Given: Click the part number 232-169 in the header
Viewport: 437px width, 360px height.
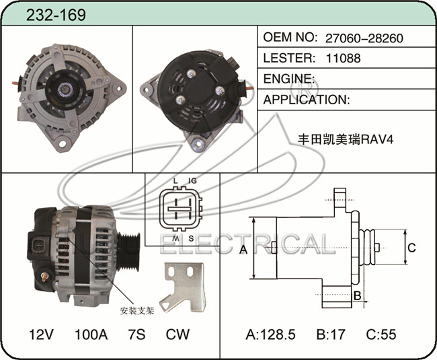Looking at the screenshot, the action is click(x=56, y=15).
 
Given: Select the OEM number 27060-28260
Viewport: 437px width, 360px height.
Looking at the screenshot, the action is click(x=364, y=38).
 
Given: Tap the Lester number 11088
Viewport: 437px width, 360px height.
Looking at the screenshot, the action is click(x=343, y=59).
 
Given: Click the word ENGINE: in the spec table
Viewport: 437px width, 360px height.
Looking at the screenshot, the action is click(x=289, y=79).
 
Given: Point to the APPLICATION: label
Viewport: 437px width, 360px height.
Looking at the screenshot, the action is click(x=307, y=100).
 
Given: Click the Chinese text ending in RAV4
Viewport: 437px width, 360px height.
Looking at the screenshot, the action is click(x=346, y=139).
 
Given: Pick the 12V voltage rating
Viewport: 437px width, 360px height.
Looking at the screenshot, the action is click(x=41, y=334).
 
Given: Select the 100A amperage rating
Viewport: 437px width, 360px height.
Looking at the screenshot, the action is click(x=91, y=334).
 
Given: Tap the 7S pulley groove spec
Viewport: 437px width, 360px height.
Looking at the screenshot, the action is click(x=136, y=334).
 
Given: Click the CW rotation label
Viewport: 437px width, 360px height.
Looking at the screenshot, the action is click(x=177, y=334).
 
